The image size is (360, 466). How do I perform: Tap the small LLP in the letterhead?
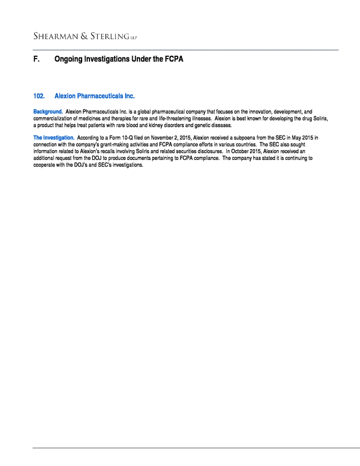[x=133, y=38]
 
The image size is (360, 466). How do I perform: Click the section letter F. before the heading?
[x=37, y=59]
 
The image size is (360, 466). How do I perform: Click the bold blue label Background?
[x=48, y=112]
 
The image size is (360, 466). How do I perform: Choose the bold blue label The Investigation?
[x=54, y=138]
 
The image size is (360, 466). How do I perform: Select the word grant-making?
[x=118, y=145]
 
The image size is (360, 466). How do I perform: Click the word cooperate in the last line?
[x=46, y=165]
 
